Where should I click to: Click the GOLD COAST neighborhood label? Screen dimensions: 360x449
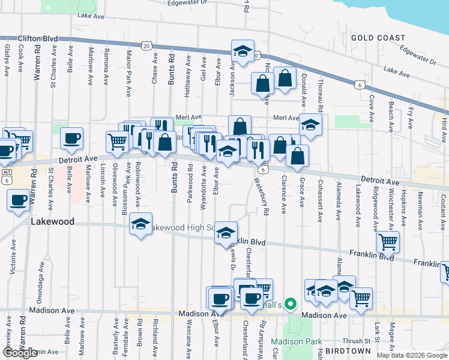378,38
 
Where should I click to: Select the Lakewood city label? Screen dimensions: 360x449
52,221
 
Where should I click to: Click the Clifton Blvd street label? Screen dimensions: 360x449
38,38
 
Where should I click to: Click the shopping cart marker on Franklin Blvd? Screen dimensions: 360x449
388,242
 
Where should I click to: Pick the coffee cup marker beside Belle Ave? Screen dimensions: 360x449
71,139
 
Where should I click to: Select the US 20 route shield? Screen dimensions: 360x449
146,46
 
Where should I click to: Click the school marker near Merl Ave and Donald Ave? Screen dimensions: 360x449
310,125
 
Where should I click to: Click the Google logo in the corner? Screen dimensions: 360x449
20,352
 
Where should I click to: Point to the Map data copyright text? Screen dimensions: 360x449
412,355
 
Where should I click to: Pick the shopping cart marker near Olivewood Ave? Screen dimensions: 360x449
116,142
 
